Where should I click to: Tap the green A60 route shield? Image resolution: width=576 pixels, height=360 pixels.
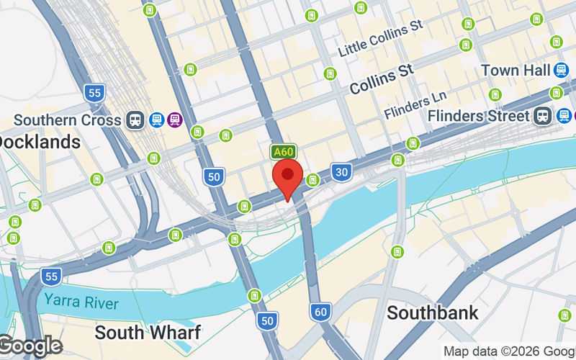click(x=283, y=152)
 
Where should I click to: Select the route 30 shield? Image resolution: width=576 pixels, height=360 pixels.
click(x=341, y=171)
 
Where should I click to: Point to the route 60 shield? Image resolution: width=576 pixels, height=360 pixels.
click(x=321, y=312)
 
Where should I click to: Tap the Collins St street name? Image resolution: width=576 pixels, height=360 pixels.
click(x=382, y=79)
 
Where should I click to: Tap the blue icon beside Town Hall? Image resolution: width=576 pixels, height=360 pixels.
click(x=561, y=70)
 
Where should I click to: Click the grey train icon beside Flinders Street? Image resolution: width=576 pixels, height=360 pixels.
click(x=542, y=115)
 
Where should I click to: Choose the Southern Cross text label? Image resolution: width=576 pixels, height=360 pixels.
click(x=67, y=120)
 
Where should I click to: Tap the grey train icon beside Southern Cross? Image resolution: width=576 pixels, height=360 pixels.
click(x=135, y=120)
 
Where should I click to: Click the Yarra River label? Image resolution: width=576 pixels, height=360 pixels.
click(x=80, y=301)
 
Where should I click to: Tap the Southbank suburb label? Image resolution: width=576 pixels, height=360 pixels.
click(x=433, y=312)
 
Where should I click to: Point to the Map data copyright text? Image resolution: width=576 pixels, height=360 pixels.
click(x=508, y=351)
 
